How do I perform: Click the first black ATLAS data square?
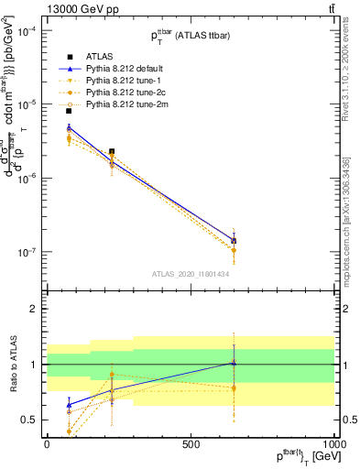pos(69,111)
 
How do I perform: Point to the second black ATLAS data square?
pos(112,151)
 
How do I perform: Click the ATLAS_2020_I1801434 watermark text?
pos(190,274)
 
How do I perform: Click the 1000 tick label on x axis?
pos(333,442)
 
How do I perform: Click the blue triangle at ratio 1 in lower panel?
pos(234,363)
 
